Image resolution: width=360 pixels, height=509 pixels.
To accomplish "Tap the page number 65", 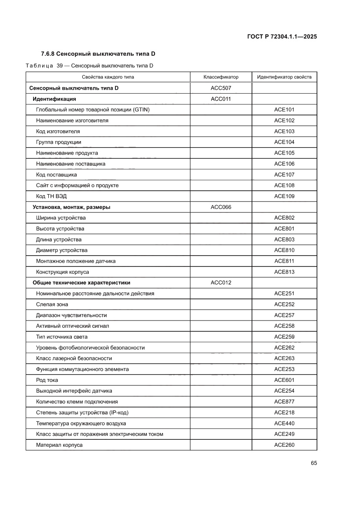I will click(313, 463).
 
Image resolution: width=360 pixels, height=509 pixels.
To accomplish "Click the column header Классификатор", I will click(221, 77).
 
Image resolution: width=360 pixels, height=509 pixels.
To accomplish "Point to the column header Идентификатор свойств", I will click(284, 77).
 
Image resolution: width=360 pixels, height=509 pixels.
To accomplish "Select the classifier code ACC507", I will click(221, 88).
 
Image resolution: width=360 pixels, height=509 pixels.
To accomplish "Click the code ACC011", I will click(221, 99).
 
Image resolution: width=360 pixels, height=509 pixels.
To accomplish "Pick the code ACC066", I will click(221, 207).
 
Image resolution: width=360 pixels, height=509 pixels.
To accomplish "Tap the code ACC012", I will click(221, 283).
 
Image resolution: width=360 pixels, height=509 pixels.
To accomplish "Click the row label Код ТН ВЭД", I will click(51, 196).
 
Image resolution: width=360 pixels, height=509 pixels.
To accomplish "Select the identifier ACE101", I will click(284, 110).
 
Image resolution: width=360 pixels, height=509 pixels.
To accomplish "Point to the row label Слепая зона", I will click(52, 304).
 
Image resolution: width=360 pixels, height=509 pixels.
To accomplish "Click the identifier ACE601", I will click(284, 380).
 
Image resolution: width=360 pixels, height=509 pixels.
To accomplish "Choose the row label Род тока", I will click(47, 380).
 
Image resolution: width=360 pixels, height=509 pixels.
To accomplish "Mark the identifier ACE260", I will click(284, 445).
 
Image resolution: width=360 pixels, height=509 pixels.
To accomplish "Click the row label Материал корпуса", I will click(59, 445).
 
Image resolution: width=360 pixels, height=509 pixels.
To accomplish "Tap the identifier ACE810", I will click(284, 250).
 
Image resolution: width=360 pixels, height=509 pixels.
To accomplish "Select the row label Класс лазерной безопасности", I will click(74, 358).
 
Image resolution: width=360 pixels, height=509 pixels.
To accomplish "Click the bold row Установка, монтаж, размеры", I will click(71, 207).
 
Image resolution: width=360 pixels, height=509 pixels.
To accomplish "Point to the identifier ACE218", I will click(284, 412).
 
